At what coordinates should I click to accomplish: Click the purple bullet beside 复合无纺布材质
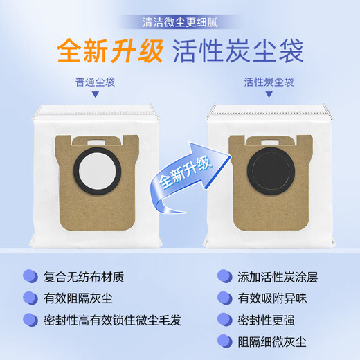(x=30, y=276)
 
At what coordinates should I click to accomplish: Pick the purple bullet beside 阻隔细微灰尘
(x=224, y=341)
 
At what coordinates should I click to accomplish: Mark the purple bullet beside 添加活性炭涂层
(x=224, y=276)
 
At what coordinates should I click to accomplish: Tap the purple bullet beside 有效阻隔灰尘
(x=30, y=298)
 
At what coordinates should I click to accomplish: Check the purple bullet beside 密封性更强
(x=224, y=320)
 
